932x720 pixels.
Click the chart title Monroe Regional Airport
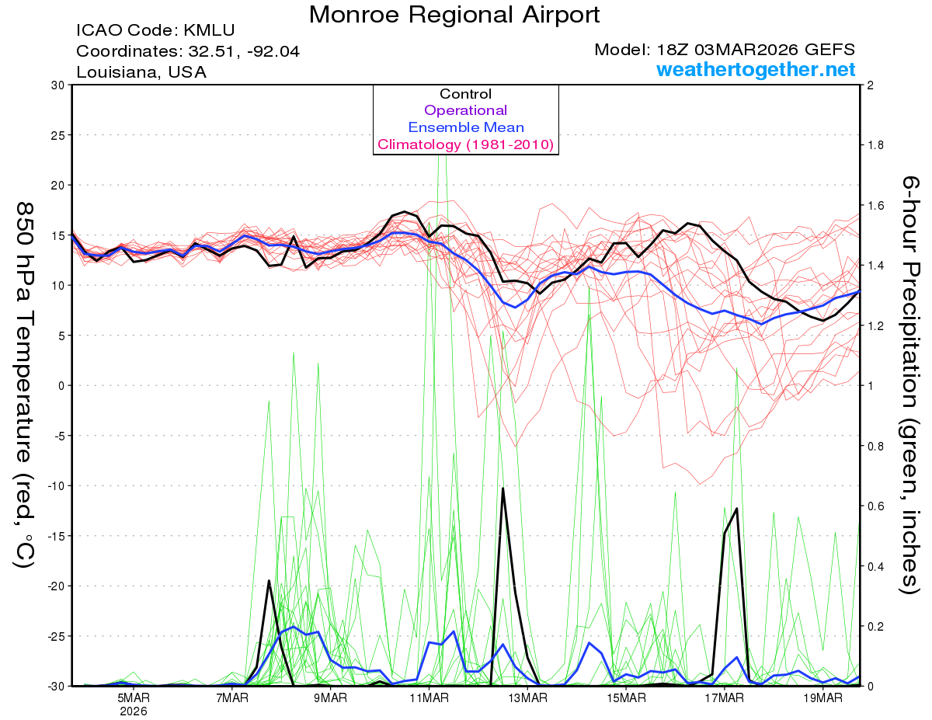tap(454, 15)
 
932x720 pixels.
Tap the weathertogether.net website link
tap(756, 70)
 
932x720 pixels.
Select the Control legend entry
tap(465, 94)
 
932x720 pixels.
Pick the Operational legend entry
tap(465, 110)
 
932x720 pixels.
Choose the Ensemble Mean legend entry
tap(465, 127)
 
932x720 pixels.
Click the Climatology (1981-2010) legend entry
tap(465, 144)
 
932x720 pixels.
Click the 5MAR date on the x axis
tap(134, 698)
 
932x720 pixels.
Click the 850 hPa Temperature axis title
tap(25, 384)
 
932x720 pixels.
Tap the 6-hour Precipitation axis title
tap(910, 384)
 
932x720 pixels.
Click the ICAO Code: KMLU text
tap(155, 31)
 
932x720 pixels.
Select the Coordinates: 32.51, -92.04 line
tap(187, 51)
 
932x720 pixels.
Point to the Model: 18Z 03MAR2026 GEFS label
tap(725, 50)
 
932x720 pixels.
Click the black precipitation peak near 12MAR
tap(503, 489)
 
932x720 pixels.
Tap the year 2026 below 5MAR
tap(134, 711)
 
